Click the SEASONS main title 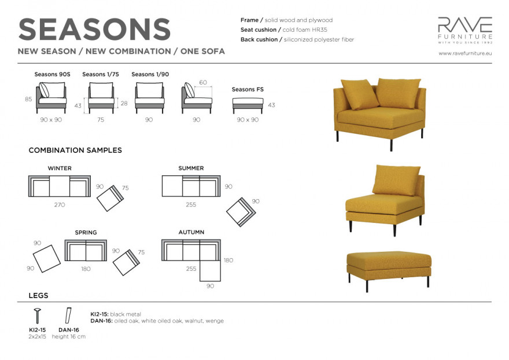pos(94,30)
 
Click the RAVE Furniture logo pos(465,30)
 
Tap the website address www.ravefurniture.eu pos(465,53)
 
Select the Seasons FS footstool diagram pos(248,105)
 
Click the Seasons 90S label pos(52,74)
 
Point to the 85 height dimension pos(28,99)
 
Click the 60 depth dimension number pos(203,82)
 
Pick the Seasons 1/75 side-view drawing pos(101,98)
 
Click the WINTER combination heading pos(60,168)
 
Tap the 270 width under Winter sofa pos(60,205)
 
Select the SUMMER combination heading pos(191,168)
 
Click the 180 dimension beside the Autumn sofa pos(228,260)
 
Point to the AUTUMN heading pos(191,232)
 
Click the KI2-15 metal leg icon pos(38,315)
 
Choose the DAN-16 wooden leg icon pos(68,315)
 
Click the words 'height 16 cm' pos(69,337)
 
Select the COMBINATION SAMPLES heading pos(75,150)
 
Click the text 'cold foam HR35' pos(305,30)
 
